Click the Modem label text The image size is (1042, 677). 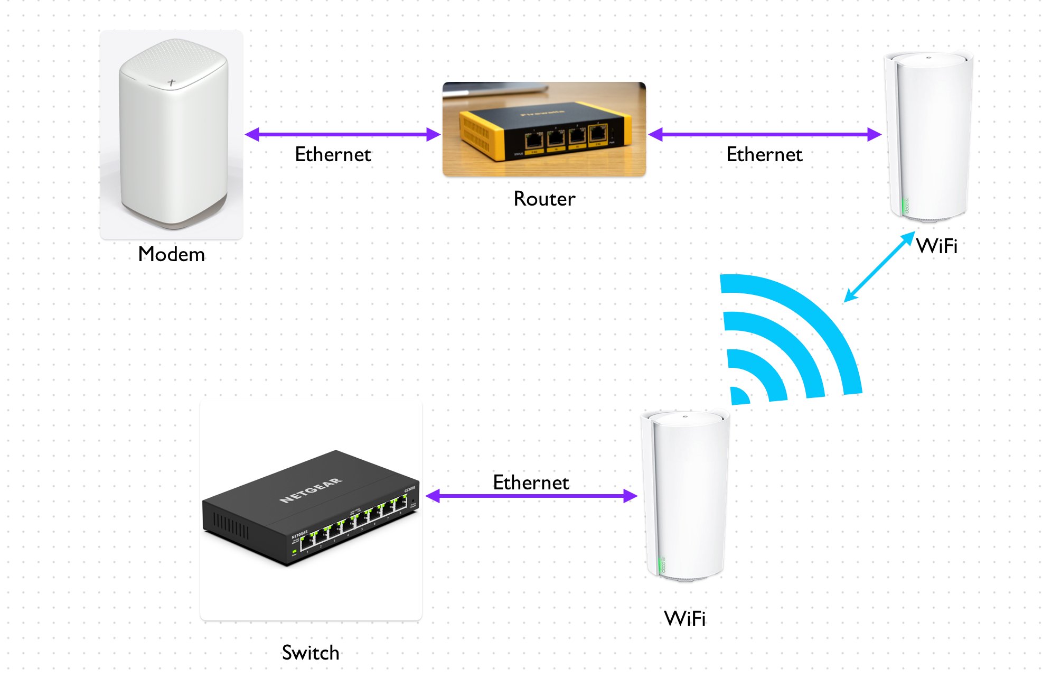pyautogui.click(x=171, y=254)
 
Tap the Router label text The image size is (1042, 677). pyautogui.click(x=544, y=199)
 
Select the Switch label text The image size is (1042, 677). pyautogui.click(x=311, y=653)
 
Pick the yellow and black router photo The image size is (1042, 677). pyautogui.click(x=544, y=129)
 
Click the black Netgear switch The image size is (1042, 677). pyautogui.click(x=311, y=507)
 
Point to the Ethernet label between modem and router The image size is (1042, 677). pyautogui.click(x=333, y=154)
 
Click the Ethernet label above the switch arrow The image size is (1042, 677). pyautogui.click(x=531, y=482)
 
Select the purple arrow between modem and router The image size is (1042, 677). pyautogui.click(x=342, y=134)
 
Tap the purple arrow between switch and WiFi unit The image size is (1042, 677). pyautogui.click(x=531, y=496)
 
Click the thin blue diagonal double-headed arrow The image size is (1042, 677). pyautogui.click(x=879, y=267)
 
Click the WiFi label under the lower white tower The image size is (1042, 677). pyautogui.click(x=684, y=618)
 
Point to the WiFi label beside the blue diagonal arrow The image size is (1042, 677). pyautogui.click(x=937, y=246)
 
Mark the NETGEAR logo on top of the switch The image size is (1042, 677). pyautogui.click(x=311, y=490)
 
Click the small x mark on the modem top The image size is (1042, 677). pyautogui.click(x=171, y=82)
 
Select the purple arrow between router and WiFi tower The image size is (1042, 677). pyautogui.click(x=764, y=134)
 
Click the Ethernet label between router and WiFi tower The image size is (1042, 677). pyautogui.click(x=764, y=154)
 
